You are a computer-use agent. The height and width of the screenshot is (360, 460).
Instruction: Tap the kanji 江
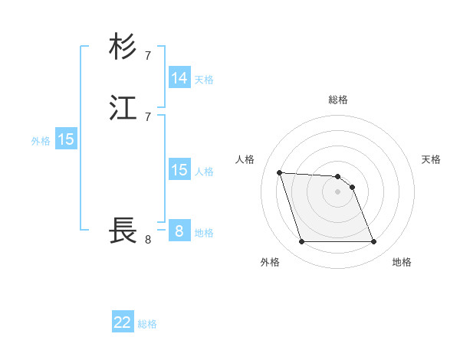click(123, 109)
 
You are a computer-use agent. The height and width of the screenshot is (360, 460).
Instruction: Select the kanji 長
click(123, 230)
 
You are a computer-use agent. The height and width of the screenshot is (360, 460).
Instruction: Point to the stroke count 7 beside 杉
click(148, 55)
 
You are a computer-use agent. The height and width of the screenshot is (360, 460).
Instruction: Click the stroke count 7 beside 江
click(148, 116)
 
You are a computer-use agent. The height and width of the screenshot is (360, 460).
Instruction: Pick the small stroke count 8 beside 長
click(148, 240)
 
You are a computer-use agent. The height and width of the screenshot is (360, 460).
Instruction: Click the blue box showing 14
click(179, 78)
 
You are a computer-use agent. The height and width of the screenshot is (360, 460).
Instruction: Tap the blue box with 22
click(123, 322)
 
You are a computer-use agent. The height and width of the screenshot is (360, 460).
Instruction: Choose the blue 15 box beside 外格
click(66, 139)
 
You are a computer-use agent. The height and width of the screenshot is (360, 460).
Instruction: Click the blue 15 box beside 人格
click(179, 170)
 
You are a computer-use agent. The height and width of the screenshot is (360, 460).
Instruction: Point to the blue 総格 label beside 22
click(147, 324)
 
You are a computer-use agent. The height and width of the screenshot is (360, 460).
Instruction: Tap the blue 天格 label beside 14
click(204, 80)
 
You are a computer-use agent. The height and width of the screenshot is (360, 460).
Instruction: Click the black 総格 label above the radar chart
click(338, 100)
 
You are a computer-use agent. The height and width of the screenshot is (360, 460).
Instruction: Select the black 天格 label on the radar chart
click(432, 159)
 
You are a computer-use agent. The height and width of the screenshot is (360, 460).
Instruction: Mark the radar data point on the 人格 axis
click(279, 172)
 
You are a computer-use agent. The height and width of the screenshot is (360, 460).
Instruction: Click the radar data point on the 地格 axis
click(374, 242)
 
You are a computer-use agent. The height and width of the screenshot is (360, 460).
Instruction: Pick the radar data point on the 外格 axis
click(301, 242)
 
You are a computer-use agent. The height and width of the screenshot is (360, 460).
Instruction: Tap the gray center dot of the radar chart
click(338, 191)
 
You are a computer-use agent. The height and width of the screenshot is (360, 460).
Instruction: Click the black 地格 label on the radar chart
click(402, 262)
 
